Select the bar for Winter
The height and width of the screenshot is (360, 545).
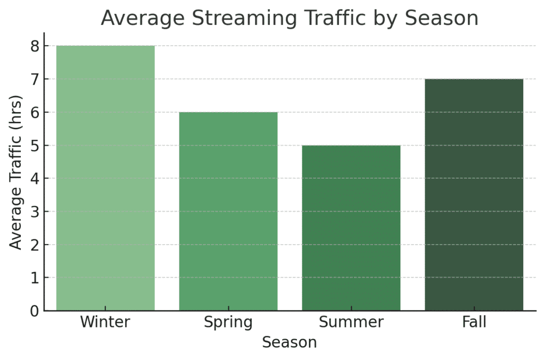point(105,178)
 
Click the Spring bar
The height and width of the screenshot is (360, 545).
point(228,211)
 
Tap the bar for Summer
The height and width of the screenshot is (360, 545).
point(351,228)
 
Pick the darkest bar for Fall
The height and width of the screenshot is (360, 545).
point(474,195)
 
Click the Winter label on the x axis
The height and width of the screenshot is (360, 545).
point(105,322)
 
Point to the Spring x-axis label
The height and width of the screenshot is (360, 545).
point(228,323)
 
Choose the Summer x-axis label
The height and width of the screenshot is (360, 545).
point(351,322)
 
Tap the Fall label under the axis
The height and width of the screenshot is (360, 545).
point(474,322)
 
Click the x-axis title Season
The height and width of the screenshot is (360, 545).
point(289,342)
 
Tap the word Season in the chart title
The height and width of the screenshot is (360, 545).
point(441,18)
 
